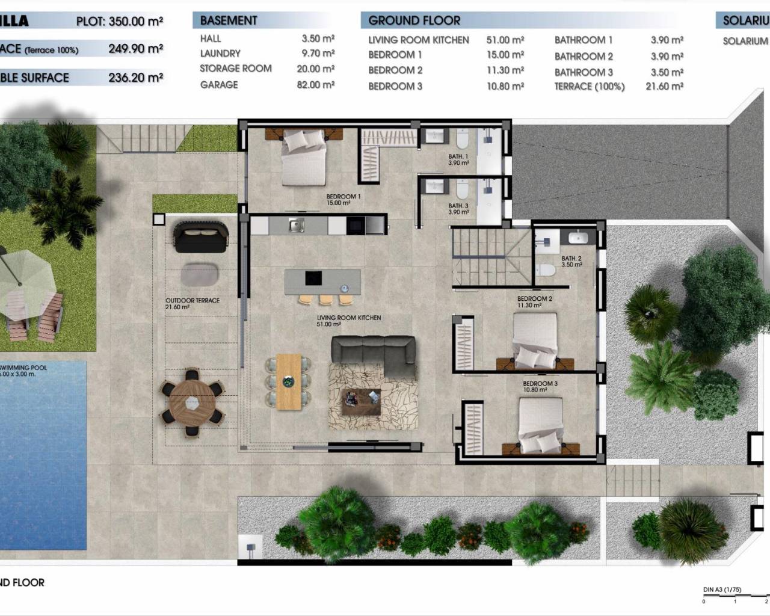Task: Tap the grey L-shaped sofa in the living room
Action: (x=373, y=351)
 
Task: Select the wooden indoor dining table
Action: (x=288, y=381)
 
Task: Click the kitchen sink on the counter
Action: (x=295, y=226)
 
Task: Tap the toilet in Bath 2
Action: (x=546, y=269)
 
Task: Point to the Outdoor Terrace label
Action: (x=192, y=301)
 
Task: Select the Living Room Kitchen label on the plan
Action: (x=349, y=318)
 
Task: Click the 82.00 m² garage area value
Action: (x=316, y=85)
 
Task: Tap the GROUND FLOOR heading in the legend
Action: (x=414, y=20)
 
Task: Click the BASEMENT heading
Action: (x=229, y=20)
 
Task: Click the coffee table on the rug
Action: (x=361, y=401)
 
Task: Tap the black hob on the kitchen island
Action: (x=313, y=278)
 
